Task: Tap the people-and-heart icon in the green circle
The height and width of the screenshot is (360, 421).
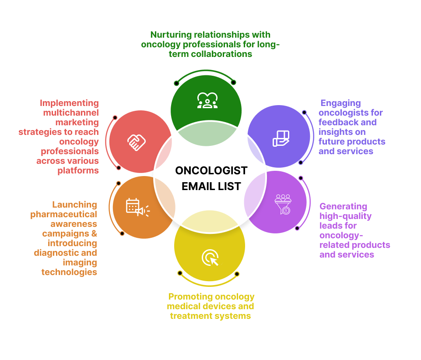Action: pyautogui.click(x=207, y=100)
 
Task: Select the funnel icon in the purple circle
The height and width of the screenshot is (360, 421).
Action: pyautogui.click(x=283, y=204)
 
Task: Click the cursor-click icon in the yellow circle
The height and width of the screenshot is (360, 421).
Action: pyautogui.click(x=210, y=258)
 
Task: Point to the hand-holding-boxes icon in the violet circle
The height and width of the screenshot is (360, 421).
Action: pyautogui.click(x=281, y=138)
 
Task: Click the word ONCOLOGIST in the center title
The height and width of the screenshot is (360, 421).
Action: pyautogui.click(x=211, y=170)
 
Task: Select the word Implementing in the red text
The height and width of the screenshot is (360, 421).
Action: pyautogui.click(x=70, y=103)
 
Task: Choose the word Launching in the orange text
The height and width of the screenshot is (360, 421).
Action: pyautogui.click(x=74, y=205)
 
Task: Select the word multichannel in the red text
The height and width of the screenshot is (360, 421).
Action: pyautogui.click(x=71, y=113)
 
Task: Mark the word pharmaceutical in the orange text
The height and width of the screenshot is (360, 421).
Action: pyautogui.click(x=64, y=214)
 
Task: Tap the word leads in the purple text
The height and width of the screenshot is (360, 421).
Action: pyautogui.click(x=331, y=226)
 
